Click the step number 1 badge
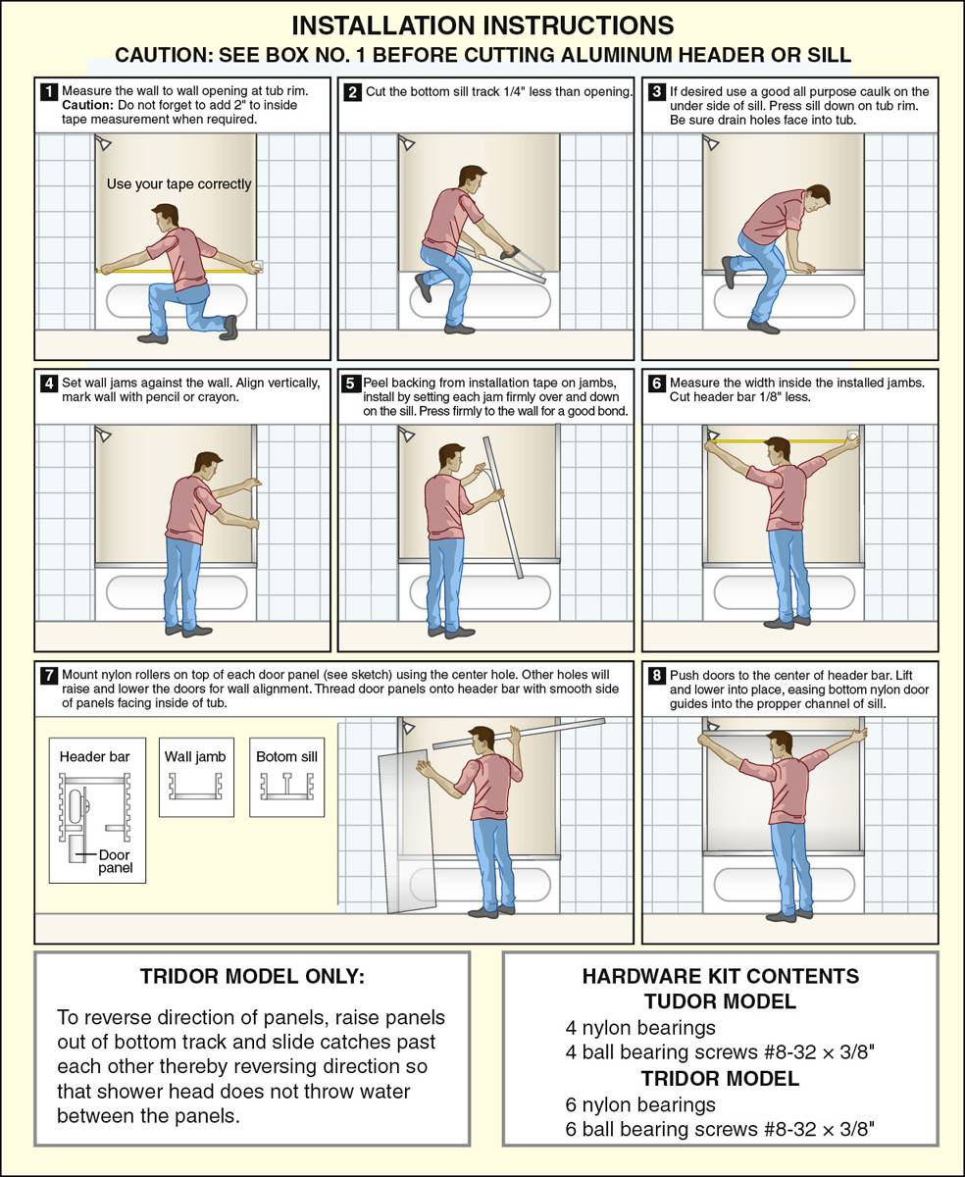49,91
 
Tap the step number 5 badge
350,384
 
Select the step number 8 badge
656,675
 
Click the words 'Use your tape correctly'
178,184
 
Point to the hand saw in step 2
522,262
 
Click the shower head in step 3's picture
710,143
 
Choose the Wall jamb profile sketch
195,787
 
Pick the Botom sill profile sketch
287,787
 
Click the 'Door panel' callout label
115,861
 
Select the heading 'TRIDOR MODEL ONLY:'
252,977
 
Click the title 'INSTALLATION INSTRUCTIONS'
482,26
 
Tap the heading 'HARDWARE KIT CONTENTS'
721,976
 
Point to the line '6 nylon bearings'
640,1104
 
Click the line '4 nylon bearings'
640,1028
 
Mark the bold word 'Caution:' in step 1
87,106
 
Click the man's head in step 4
208,467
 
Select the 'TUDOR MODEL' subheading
721,1001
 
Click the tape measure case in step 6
852,435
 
